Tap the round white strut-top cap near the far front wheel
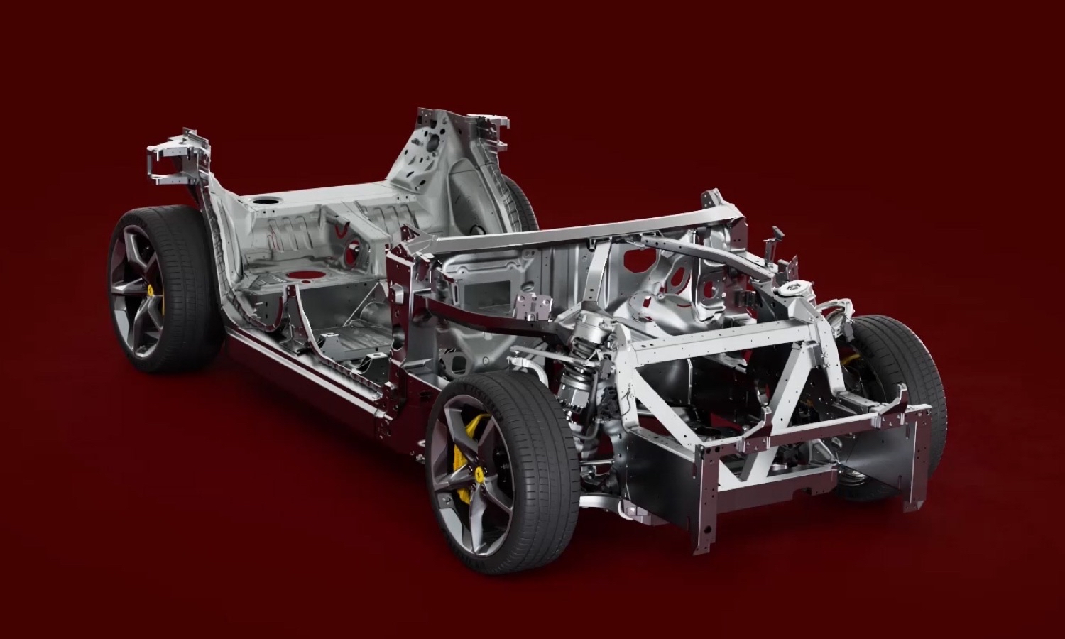790,291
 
